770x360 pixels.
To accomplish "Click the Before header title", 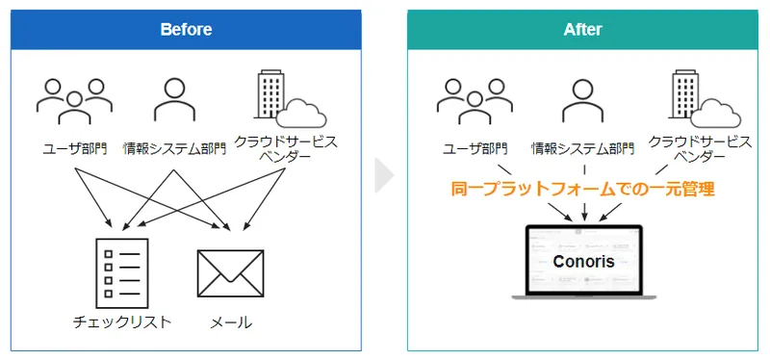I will pos(186,29).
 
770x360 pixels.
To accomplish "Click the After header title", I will pos(582,29).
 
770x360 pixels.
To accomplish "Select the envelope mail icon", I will pos(230,271).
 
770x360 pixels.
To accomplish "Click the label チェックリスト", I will pos(122,321).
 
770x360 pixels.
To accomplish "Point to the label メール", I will pos(231,321).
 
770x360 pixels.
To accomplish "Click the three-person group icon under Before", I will pos(73,100).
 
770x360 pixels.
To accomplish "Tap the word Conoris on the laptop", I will pos(583,261).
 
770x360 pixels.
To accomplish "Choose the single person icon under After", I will pos(583,99).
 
